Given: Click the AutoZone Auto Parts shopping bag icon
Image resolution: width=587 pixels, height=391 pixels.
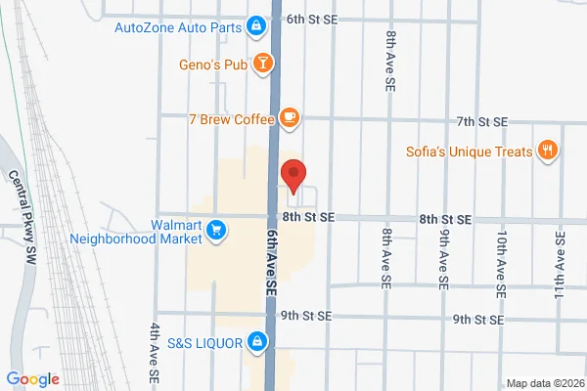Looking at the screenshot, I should point(255,25).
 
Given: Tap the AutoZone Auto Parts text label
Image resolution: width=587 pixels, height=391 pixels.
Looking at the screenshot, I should point(178,25).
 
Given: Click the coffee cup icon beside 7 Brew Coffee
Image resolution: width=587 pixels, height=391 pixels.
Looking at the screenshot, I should point(288,118).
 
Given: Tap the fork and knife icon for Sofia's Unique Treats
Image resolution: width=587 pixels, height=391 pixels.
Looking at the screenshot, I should point(549,152).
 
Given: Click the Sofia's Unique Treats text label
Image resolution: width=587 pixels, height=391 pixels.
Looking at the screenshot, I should point(470,152).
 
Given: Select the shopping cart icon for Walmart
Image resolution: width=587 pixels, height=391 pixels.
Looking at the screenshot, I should point(218,232).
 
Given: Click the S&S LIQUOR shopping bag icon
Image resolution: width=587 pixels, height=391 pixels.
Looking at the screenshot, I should point(255,341).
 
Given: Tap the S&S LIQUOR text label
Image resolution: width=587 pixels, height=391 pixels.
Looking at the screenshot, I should point(203,341).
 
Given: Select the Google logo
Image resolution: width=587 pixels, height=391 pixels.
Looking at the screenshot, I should point(32,379).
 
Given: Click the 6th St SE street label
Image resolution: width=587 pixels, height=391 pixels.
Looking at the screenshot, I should point(312,19).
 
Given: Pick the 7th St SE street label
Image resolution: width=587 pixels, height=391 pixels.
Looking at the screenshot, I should point(482,121).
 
